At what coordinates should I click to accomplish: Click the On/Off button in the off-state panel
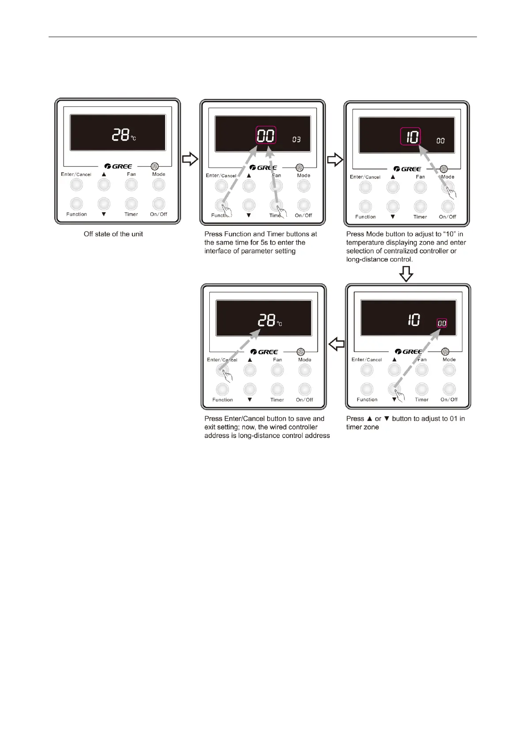(159, 204)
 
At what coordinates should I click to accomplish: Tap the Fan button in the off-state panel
(131, 185)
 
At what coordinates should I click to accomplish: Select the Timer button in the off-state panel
(131, 204)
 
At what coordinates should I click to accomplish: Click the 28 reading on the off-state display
(120, 134)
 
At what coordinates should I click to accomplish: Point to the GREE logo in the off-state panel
(118, 167)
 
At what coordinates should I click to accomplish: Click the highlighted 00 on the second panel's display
(266, 136)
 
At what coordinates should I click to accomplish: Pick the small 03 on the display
(296, 140)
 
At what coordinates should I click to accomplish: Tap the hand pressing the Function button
(226, 209)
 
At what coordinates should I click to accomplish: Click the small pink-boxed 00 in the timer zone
(442, 323)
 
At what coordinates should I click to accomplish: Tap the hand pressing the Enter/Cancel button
(227, 375)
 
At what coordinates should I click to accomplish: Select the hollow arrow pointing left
(337, 344)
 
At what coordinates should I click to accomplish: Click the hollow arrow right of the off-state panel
(190, 159)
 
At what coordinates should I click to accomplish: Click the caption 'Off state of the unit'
(114, 234)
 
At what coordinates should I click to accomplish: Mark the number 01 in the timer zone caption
(454, 419)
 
